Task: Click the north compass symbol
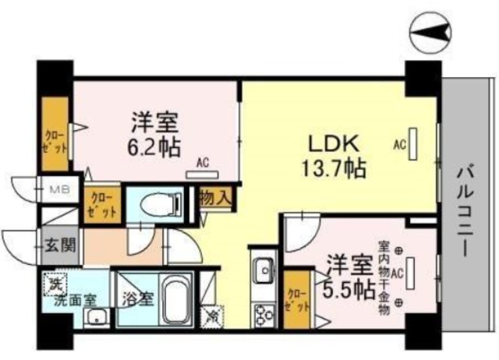point(431,33)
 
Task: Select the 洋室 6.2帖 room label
point(155,132)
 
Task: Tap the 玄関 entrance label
point(59,247)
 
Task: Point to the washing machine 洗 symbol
point(54,284)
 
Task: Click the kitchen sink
point(264,271)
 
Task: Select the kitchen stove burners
point(262,311)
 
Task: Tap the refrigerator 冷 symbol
point(211,316)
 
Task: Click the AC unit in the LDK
point(414,143)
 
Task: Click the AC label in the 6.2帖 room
point(202,163)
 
